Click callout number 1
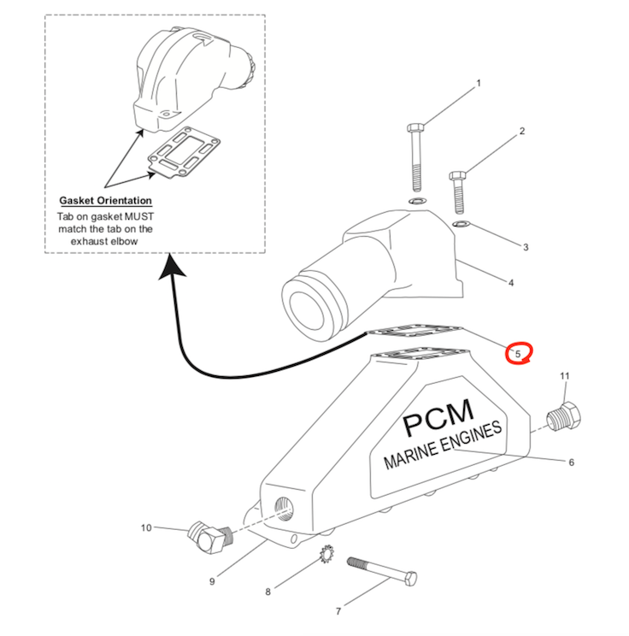point(479,84)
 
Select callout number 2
point(521,132)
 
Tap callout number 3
point(526,247)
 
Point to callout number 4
point(510,282)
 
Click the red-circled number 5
point(517,353)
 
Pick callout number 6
point(572,462)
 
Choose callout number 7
point(338,610)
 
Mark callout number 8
point(267,591)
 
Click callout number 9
point(211,583)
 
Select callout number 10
point(145,527)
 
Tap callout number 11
point(564,376)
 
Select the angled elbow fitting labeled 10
point(205,537)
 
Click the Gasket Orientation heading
point(105,200)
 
